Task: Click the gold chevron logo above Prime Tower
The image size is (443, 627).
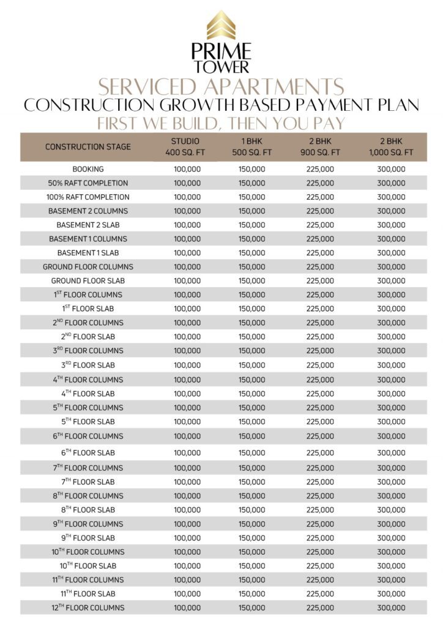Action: pyautogui.click(x=221, y=25)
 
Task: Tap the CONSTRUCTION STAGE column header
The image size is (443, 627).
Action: pyautogui.click(x=88, y=147)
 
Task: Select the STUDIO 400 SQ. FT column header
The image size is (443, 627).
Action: pyautogui.click(x=187, y=147)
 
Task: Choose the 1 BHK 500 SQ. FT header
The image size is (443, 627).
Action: pyautogui.click(x=251, y=147)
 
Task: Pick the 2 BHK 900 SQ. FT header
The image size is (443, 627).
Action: pyautogui.click(x=320, y=147)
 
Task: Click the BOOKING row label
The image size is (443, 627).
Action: pyautogui.click(x=88, y=169)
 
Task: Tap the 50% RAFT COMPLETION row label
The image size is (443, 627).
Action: pyautogui.click(x=88, y=183)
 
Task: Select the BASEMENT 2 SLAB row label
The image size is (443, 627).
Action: pyautogui.click(x=88, y=225)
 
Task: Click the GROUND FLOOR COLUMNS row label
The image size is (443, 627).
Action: pyautogui.click(x=88, y=267)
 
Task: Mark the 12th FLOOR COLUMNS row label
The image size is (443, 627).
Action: pyautogui.click(x=88, y=607)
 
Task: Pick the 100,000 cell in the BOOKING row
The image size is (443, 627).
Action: pyautogui.click(x=187, y=169)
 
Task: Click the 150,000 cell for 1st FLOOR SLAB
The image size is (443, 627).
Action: pyautogui.click(x=251, y=309)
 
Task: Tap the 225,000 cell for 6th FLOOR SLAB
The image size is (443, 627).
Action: pyautogui.click(x=320, y=452)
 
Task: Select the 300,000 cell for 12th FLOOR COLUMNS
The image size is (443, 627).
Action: pyautogui.click(x=391, y=607)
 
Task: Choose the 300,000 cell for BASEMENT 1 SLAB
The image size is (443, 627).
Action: pyautogui.click(x=391, y=253)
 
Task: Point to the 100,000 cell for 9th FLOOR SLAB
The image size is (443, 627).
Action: pyautogui.click(x=187, y=538)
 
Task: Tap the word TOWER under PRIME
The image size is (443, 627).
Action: pyautogui.click(x=221, y=66)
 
